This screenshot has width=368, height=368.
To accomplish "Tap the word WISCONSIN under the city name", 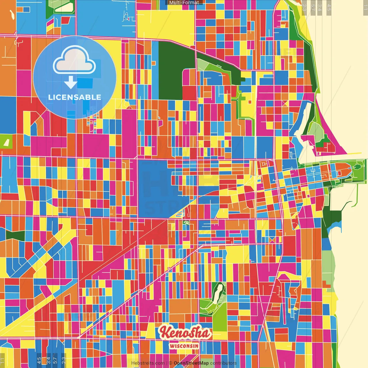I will (184, 346).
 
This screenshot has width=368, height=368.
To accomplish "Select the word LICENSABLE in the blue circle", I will (75, 97).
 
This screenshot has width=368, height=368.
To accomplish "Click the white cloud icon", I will (74, 60).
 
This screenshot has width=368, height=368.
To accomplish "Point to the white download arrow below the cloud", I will (70, 83).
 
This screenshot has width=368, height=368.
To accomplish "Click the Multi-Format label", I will (184, 3).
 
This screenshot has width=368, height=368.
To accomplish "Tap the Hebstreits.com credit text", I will (148, 363).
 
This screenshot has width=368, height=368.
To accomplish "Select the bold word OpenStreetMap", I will (191, 363).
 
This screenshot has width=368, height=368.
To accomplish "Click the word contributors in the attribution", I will (223, 363).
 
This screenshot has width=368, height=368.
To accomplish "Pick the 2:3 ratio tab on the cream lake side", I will (304, 7).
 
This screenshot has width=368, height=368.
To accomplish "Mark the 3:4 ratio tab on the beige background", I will (320, 7).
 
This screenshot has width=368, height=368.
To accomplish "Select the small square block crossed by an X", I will (285, 103).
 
